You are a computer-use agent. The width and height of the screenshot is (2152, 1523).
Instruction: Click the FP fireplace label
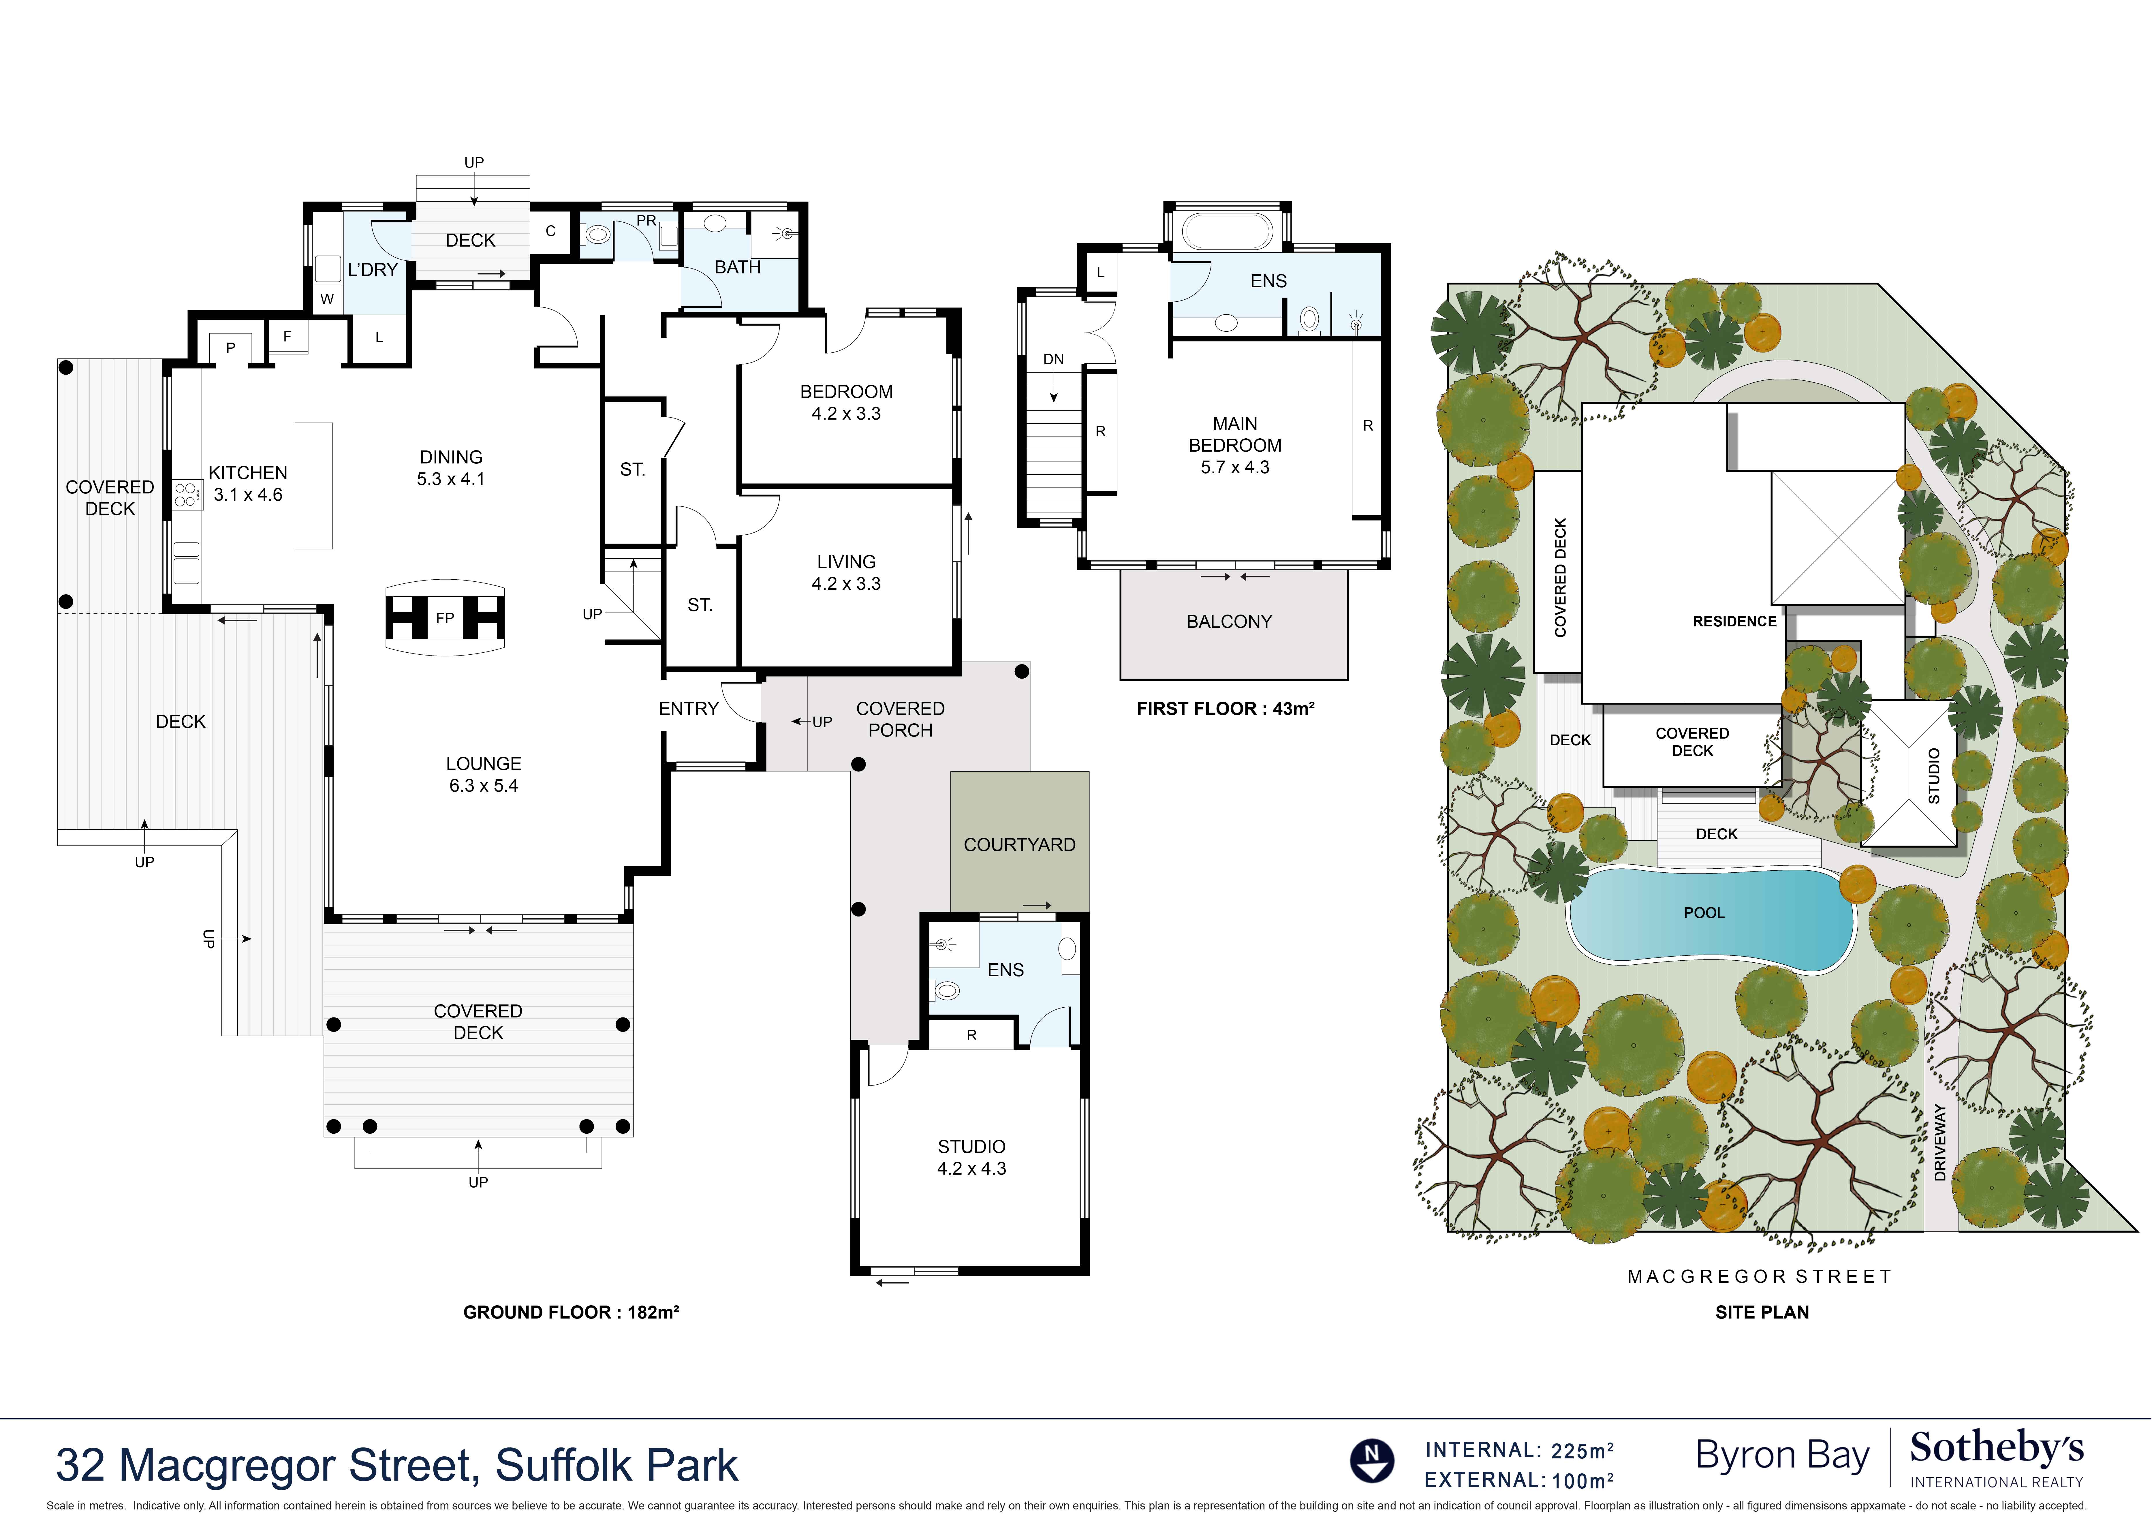[x=444, y=618]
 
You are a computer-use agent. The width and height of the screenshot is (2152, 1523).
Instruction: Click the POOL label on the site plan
[x=1704, y=912]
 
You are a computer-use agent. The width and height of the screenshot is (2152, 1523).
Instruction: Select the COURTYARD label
[x=1019, y=845]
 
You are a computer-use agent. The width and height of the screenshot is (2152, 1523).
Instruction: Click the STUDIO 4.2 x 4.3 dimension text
[x=971, y=1169]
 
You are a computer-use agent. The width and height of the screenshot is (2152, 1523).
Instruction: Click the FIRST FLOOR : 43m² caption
[x=1225, y=709]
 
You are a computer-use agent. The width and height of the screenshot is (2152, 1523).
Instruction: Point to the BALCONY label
[x=1228, y=622]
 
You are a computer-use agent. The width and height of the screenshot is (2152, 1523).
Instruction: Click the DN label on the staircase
[x=1053, y=359]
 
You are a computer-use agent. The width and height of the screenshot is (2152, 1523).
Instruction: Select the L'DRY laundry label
[x=372, y=270]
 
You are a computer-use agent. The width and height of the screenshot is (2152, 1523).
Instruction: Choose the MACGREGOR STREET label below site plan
[x=1759, y=1276]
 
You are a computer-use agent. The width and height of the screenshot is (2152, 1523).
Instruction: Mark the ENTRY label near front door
[x=688, y=709]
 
